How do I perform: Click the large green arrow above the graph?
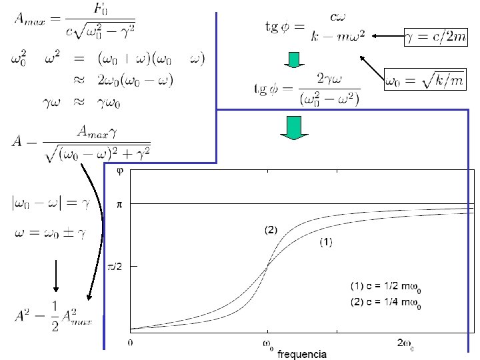[293, 127]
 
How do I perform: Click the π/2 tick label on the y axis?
[115, 266]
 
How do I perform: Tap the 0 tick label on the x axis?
[131, 343]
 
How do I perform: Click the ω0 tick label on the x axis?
[267, 343]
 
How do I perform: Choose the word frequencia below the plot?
[301, 354]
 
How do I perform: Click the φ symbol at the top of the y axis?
[120, 171]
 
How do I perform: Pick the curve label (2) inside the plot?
[271, 230]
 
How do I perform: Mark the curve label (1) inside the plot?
[325, 243]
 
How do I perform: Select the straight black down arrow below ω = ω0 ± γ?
[56, 275]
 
